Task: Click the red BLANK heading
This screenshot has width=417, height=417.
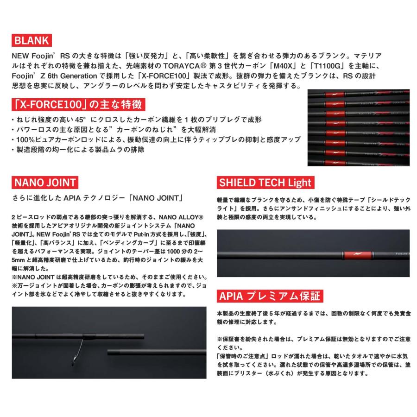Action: point(32,40)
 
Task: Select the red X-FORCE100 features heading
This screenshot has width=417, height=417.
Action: point(78,105)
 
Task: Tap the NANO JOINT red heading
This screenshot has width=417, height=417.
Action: point(45,183)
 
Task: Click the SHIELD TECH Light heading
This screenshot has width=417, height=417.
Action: point(265,183)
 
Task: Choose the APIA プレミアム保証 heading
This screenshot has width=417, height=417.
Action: point(270,296)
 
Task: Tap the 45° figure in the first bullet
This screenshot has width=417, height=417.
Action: point(81,120)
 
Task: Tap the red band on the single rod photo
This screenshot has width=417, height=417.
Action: point(357,255)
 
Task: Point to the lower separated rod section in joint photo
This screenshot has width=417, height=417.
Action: point(157,353)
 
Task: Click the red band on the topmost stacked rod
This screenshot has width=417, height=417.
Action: point(335,94)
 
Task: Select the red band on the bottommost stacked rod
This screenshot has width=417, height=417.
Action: point(335,163)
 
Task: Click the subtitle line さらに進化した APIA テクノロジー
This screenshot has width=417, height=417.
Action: point(98,198)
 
